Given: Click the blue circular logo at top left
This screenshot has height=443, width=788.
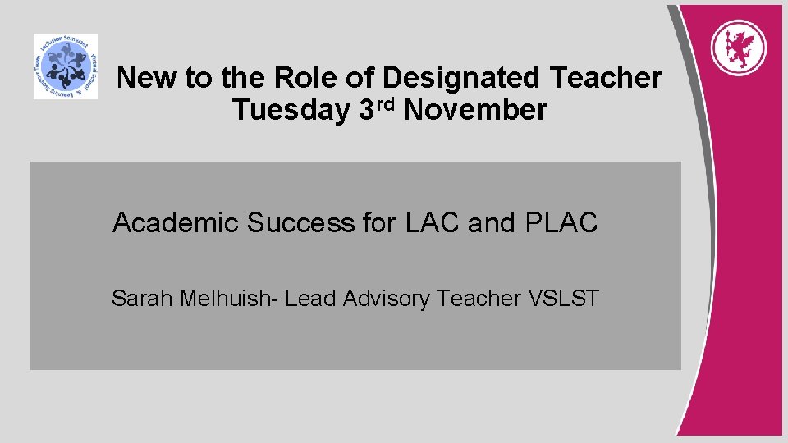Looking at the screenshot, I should (66, 66).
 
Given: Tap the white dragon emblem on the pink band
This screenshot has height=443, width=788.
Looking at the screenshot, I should (738, 46).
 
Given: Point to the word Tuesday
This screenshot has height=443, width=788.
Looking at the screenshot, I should (291, 110).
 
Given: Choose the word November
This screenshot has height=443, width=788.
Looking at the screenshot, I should (475, 110).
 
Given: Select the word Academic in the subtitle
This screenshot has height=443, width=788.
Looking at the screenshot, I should (175, 222).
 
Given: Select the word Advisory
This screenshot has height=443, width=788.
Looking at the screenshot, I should (385, 299).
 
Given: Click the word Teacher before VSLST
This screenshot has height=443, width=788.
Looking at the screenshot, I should (479, 299).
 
